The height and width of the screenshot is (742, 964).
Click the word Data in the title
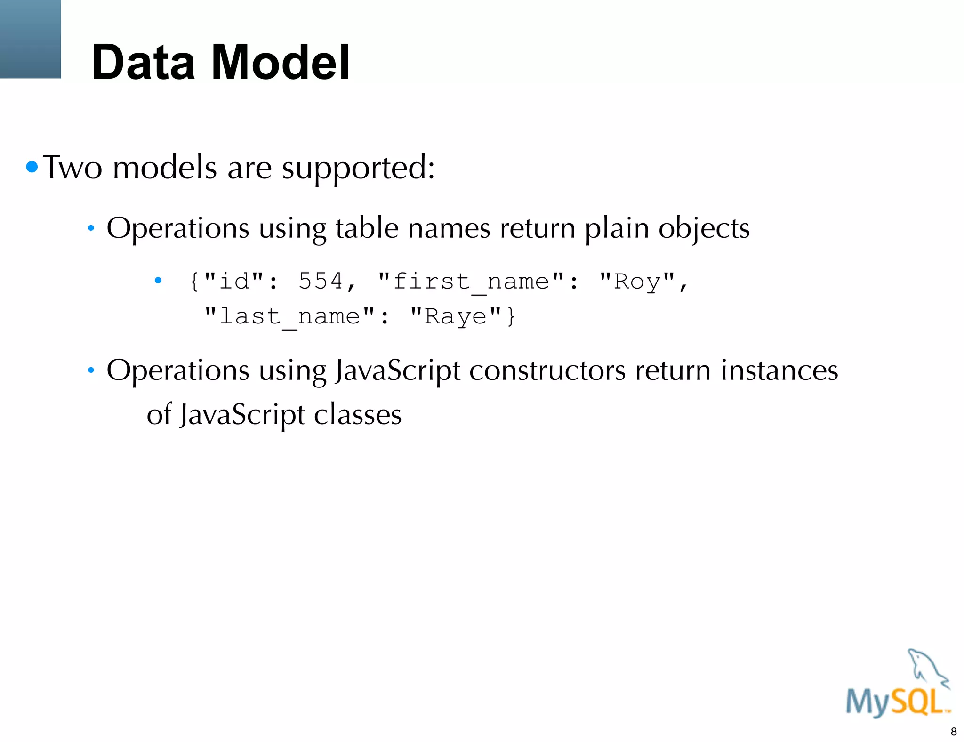click(x=143, y=62)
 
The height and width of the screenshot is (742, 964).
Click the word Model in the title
click(x=281, y=62)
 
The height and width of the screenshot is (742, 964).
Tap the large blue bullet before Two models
click(x=32, y=167)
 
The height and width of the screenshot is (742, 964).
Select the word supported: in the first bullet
click(x=359, y=169)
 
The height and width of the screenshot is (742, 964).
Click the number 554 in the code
click(x=321, y=281)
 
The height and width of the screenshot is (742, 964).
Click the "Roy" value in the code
click(x=637, y=282)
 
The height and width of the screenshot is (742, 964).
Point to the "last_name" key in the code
click(x=290, y=316)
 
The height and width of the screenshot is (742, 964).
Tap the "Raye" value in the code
click(x=455, y=316)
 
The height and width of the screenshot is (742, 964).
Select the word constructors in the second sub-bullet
click(x=547, y=371)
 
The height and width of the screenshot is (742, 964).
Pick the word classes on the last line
click(x=357, y=415)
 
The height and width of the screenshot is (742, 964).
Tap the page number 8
click(x=954, y=732)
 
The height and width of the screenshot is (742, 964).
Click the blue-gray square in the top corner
click(x=30, y=39)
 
